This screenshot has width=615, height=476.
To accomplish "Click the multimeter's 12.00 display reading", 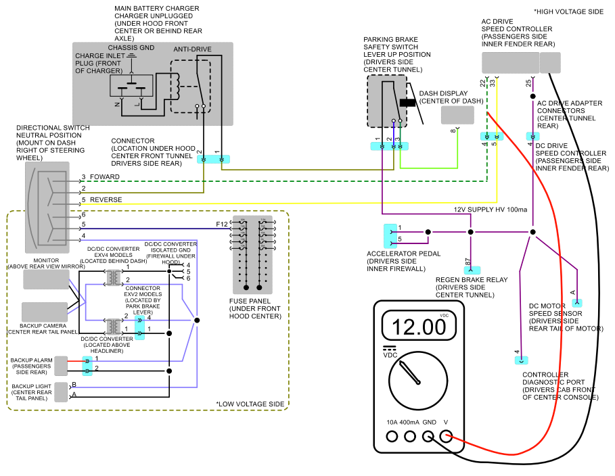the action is pyautogui.click(x=419, y=327).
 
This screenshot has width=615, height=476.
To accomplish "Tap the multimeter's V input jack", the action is pyautogui.click(x=446, y=436).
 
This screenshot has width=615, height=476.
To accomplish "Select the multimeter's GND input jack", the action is pyautogui.click(x=428, y=436).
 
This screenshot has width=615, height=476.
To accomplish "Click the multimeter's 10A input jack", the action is pyautogui.click(x=392, y=436).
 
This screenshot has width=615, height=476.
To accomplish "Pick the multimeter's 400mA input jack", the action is pyautogui.click(x=410, y=436).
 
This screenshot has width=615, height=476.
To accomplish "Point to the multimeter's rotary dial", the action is pyautogui.click(x=418, y=381).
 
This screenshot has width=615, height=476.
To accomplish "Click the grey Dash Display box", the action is pyautogui.click(x=457, y=115).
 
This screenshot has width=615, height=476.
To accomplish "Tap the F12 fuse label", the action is pyautogui.click(x=222, y=224).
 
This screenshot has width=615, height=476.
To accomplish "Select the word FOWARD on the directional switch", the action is pyautogui.click(x=105, y=177).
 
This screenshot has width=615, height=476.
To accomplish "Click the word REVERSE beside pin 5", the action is pyautogui.click(x=106, y=199).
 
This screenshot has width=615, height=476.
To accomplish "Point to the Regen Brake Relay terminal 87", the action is pyautogui.click(x=472, y=270).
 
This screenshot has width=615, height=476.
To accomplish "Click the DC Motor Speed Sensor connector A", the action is pyautogui.click(x=577, y=303).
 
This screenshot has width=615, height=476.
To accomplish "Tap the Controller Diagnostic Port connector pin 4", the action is pyautogui.click(x=521, y=360).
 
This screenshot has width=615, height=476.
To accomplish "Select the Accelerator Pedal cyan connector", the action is pyautogui.click(x=390, y=236).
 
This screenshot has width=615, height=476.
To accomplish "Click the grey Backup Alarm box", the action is pyautogui.click(x=61, y=366).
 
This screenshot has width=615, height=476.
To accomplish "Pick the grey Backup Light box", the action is pyautogui.click(x=61, y=392).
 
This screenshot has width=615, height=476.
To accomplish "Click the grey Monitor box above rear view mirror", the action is pyautogui.click(x=46, y=279).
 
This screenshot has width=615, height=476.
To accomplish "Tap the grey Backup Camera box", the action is pyautogui.click(x=45, y=312).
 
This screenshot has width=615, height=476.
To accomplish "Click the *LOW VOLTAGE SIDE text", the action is pyautogui.click(x=250, y=404).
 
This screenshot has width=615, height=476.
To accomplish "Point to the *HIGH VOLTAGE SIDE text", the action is pyautogui.click(x=568, y=11).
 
